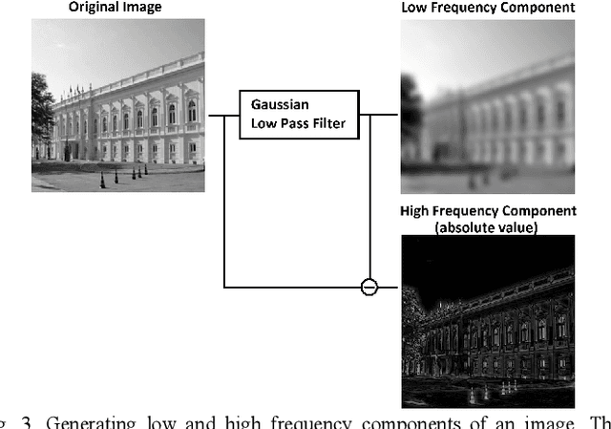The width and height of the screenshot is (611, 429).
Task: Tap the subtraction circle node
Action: click(x=369, y=286)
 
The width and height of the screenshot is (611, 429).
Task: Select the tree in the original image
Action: click(x=41, y=115)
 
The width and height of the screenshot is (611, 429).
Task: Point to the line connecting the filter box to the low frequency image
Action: click(x=379, y=116)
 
